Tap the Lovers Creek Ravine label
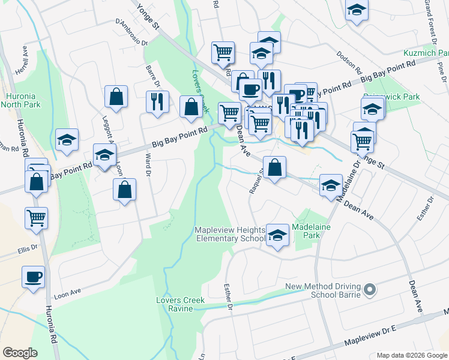pyautogui.click(x=181, y=304)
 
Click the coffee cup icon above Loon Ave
pyautogui.click(x=34, y=277)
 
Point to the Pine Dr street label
pyautogui.click(x=443, y=73)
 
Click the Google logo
pyautogui.click(x=20, y=352)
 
